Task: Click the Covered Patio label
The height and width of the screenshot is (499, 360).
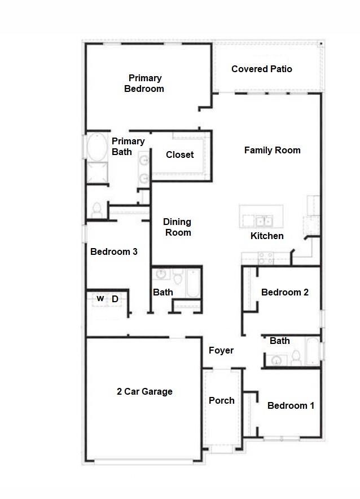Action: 262,69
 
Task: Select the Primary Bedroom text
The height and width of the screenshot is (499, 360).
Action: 144,83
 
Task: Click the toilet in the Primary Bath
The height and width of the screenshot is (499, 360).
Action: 96,210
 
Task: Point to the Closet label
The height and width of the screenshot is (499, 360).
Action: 179,154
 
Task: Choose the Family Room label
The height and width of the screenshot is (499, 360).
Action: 272,150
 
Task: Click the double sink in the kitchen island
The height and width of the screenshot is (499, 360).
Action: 263,220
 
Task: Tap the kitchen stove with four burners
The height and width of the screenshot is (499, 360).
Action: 265,258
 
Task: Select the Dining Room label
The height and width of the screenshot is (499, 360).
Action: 178,227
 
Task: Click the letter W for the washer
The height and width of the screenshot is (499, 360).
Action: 100,299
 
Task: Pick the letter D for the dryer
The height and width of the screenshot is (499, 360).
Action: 115,299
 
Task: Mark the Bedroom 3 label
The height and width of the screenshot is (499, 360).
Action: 113,251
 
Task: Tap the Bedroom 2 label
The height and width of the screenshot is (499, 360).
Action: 284,292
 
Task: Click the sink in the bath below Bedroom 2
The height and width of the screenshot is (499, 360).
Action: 276,360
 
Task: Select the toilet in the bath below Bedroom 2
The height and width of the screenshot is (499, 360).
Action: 296,356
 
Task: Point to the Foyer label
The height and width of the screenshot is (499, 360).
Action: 221,350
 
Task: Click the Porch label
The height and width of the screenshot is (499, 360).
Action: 221,400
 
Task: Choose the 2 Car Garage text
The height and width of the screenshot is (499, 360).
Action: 144,391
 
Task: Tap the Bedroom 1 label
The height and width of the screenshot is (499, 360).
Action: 291,405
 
